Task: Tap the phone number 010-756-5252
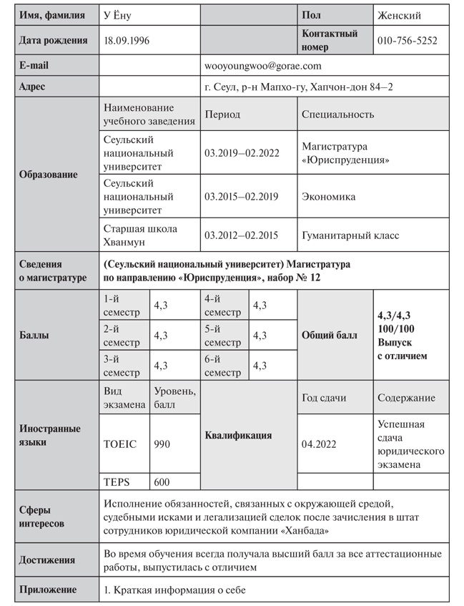(407, 41)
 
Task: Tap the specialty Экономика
(328, 196)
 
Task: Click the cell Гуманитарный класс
(350, 235)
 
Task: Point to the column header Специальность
(337, 114)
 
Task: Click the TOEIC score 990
(162, 444)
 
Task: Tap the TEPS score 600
(162, 482)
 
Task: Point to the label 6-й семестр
(222, 366)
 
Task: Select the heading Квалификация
(238, 434)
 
